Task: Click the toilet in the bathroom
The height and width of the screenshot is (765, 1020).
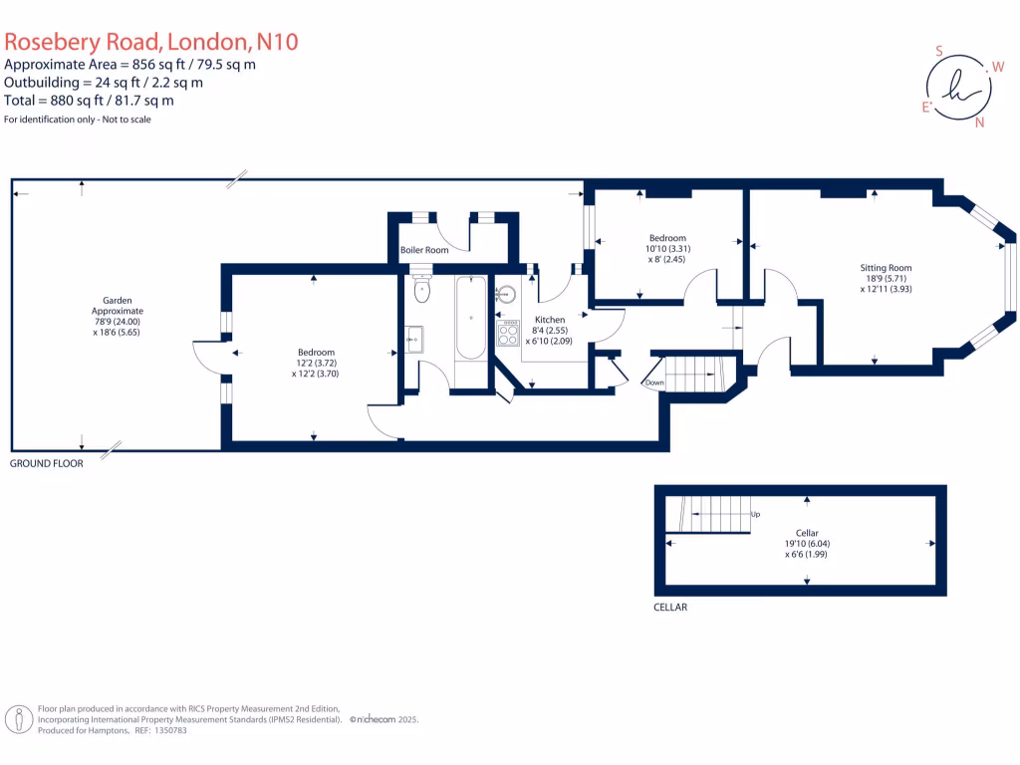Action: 422,291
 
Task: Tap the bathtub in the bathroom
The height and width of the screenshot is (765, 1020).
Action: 470,318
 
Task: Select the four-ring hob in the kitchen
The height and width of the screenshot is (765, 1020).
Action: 509,332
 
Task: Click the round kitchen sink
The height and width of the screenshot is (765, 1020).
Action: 507,294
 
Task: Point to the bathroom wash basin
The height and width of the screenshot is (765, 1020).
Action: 414,339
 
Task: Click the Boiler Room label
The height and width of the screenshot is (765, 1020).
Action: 424,250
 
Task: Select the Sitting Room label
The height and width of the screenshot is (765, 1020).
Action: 887,268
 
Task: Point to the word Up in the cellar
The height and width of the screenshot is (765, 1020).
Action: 755,515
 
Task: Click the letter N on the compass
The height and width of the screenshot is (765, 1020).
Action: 980,124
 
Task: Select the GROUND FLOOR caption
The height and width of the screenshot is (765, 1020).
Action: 47,464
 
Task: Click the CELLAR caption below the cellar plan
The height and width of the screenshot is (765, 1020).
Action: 670,607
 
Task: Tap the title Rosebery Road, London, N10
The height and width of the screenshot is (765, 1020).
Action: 151,42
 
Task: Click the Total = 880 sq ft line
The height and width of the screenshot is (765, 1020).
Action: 90,100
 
